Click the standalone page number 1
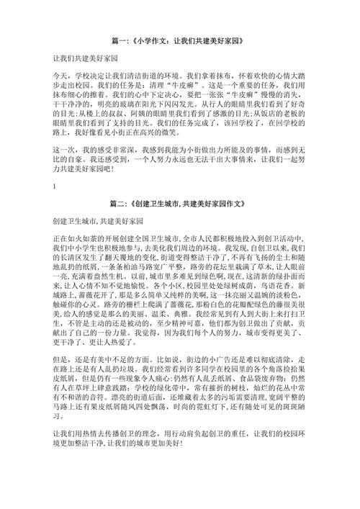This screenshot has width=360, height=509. point(54,186)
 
